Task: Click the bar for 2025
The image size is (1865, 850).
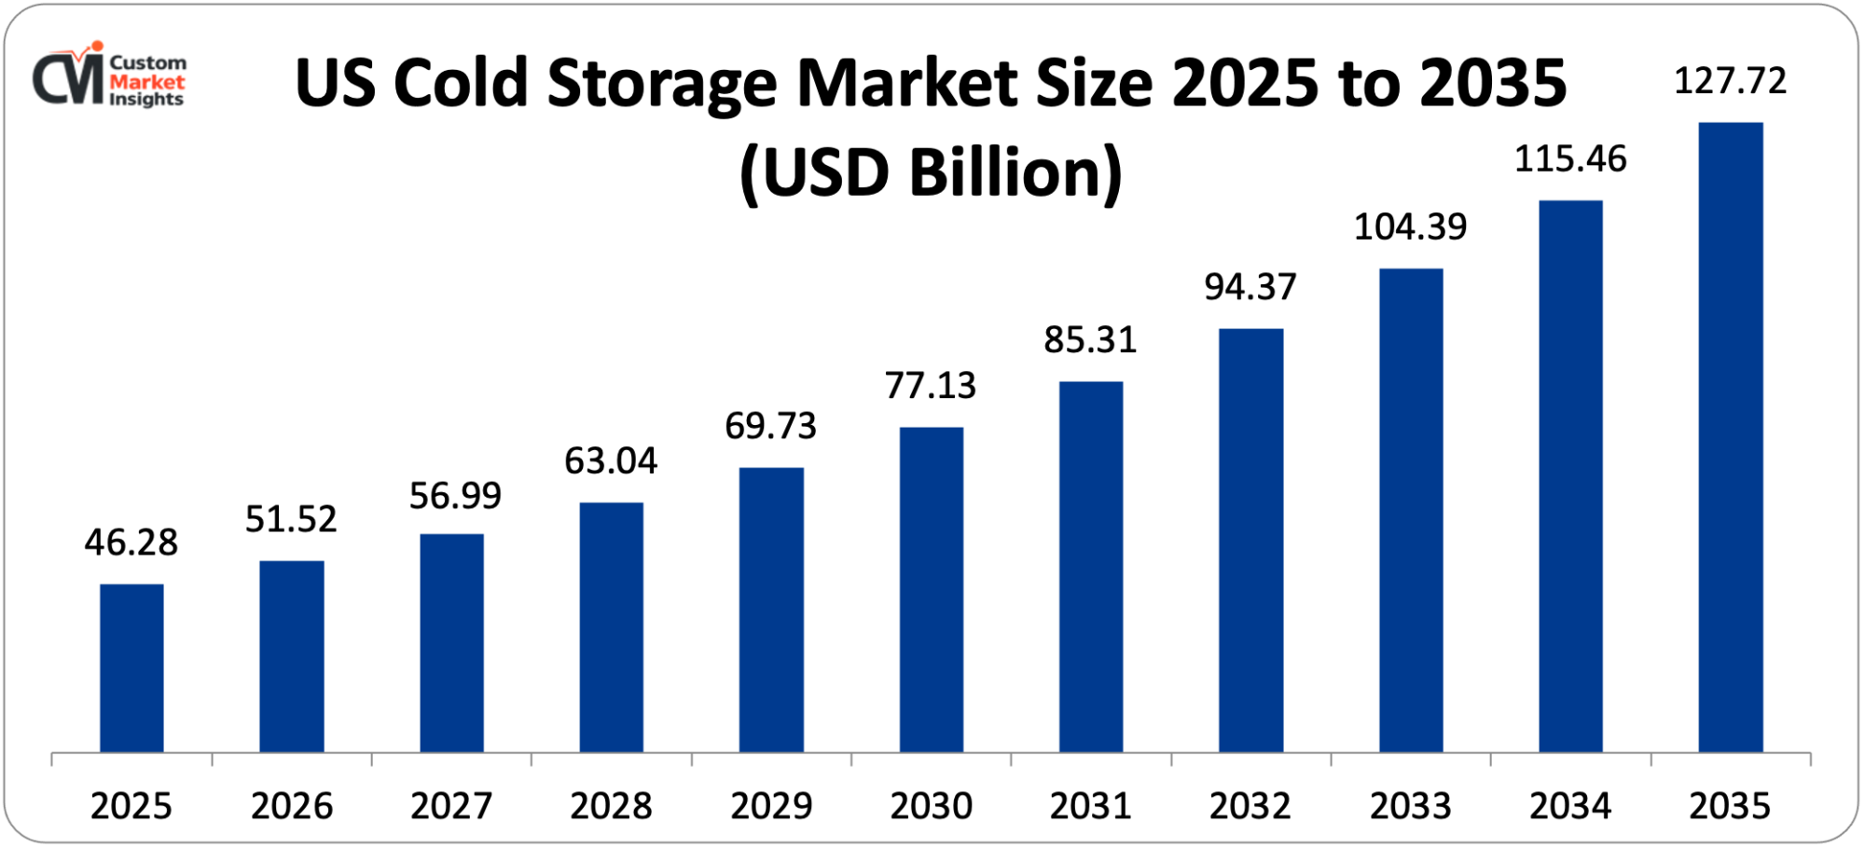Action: coord(131,667)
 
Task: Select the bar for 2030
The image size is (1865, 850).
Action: coord(931,589)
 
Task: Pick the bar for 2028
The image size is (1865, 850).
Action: coord(611,626)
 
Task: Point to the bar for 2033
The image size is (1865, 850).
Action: coord(1410,510)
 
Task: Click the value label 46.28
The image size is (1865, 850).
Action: coord(131,542)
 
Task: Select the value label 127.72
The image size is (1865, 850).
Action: coord(1730,81)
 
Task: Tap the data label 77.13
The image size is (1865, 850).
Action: coord(931,385)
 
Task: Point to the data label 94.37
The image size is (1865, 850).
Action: coord(1250,287)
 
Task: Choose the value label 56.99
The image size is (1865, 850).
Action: coord(455,496)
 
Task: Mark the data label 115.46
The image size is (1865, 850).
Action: coord(1570,159)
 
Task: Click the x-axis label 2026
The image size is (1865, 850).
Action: coord(291,806)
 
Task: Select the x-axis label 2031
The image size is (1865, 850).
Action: coord(1090,806)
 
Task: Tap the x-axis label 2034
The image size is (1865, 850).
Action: coord(1570,806)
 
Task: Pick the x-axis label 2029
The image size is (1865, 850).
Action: coord(771,806)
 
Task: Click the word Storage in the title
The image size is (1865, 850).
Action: coord(661,85)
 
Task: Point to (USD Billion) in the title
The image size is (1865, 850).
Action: coord(931,172)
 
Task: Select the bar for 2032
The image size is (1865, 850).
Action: coord(1250,540)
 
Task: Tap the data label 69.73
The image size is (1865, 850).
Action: coord(771,426)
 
